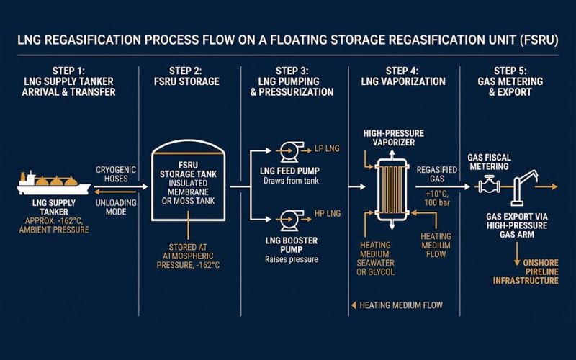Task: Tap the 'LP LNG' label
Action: point(328,150)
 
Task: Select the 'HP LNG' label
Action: point(328,214)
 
